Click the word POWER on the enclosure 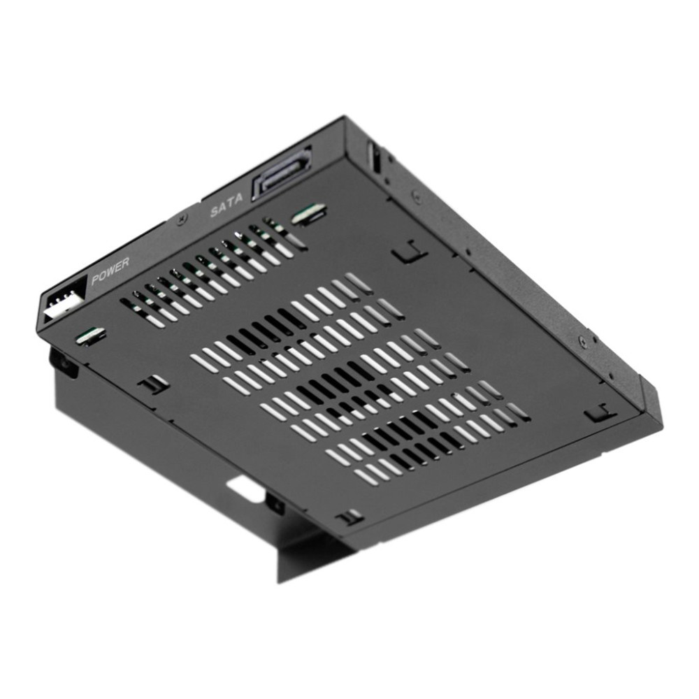point(110,271)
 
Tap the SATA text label point(227,205)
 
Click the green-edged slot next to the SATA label point(308,213)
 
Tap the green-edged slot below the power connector point(91,336)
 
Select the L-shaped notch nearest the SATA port point(410,252)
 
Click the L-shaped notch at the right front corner point(600,412)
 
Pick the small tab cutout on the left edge point(153,384)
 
